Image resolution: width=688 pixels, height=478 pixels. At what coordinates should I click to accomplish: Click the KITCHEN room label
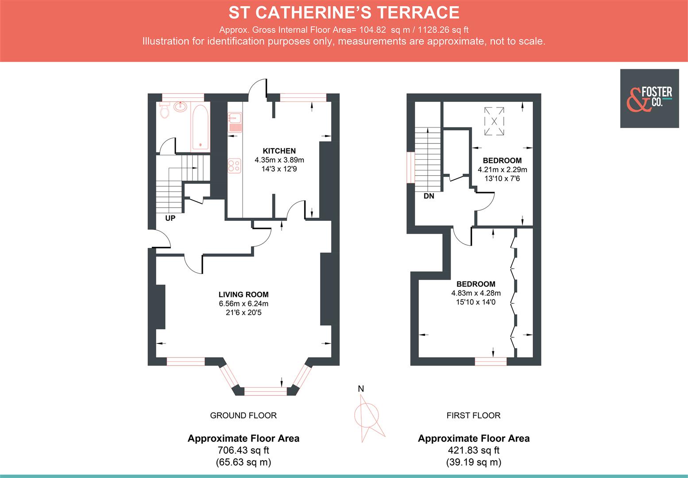click(279, 151)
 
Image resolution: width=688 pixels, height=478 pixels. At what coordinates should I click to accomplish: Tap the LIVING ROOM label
click(244, 294)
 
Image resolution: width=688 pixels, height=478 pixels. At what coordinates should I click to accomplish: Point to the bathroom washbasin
click(181, 107)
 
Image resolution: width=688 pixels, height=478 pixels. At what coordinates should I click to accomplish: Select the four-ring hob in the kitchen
click(235, 166)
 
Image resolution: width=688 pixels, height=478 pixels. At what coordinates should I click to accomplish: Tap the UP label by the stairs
click(170, 218)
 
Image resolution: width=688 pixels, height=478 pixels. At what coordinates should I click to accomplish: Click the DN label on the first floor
click(429, 196)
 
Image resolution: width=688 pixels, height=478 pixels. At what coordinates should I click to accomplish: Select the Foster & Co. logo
click(649, 98)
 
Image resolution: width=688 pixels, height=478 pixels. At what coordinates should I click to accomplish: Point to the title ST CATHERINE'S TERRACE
click(344, 12)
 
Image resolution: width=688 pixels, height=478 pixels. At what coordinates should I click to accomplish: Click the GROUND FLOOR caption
click(243, 415)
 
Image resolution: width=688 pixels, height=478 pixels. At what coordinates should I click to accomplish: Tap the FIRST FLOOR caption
click(473, 415)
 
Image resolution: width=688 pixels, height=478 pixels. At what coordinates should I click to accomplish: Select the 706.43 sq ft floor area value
click(243, 450)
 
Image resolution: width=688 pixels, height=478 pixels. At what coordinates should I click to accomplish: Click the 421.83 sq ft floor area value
click(473, 450)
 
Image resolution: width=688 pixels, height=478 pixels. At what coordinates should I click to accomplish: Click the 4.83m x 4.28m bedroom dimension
click(476, 293)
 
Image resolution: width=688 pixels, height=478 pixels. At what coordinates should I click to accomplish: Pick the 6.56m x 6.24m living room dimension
click(244, 304)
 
